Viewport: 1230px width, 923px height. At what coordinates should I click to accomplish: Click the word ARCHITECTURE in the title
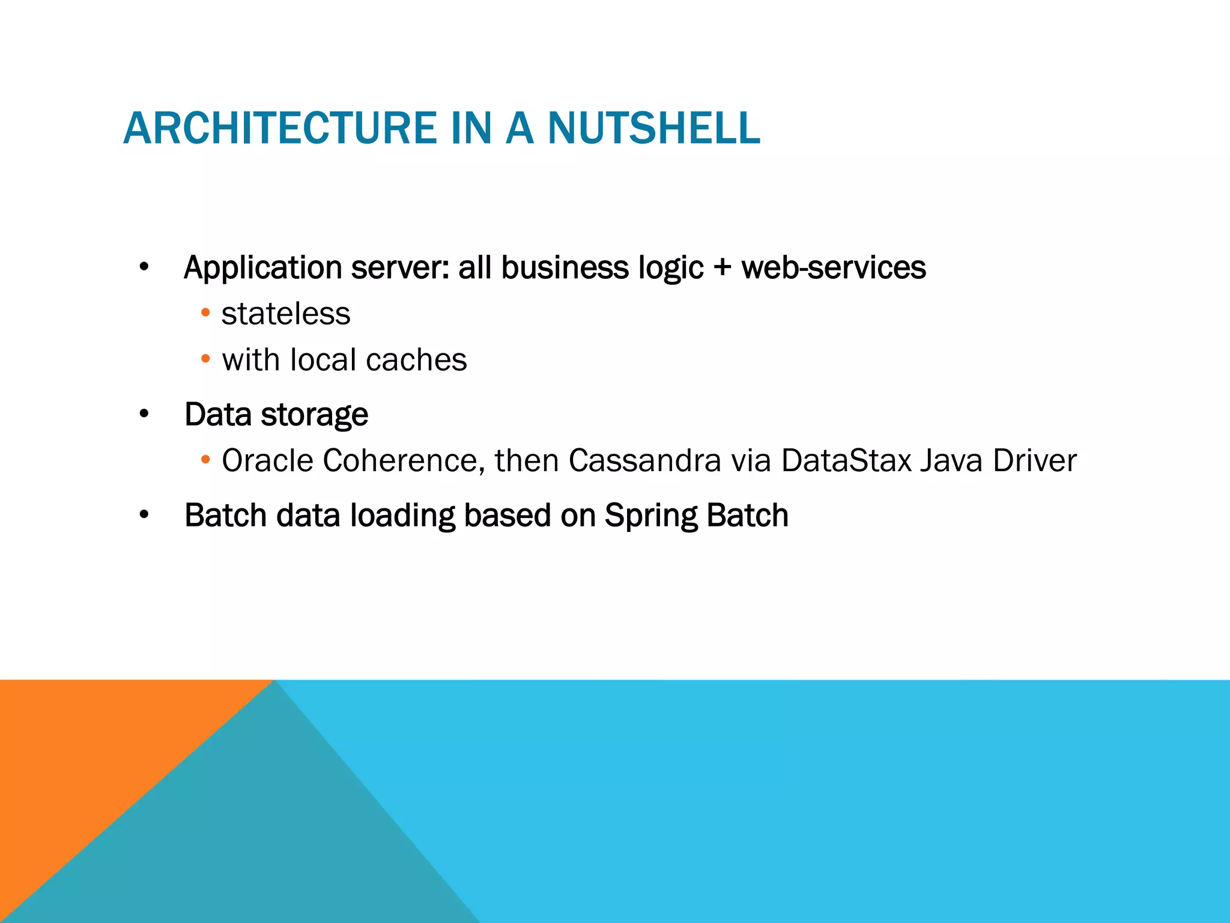(x=280, y=129)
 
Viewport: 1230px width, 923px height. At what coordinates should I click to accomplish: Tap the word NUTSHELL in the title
(x=653, y=129)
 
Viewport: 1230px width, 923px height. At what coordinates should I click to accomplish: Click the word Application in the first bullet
(x=263, y=267)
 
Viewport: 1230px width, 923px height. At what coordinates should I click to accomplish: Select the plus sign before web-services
(x=723, y=269)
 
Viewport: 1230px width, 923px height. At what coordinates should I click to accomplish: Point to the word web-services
(x=834, y=267)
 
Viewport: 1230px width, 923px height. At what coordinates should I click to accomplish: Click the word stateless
(x=286, y=314)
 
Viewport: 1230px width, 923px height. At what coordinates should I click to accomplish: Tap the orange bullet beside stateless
(x=205, y=313)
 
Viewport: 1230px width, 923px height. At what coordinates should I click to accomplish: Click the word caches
(x=416, y=360)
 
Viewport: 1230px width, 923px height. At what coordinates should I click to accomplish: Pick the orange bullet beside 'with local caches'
(x=205, y=359)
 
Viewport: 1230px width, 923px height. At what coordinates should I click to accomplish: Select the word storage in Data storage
(x=314, y=415)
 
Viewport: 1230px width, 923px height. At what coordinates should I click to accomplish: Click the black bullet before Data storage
(x=144, y=414)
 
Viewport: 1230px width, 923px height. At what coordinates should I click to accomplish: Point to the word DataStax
(x=846, y=461)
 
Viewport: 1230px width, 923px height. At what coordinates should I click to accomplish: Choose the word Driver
(x=1035, y=461)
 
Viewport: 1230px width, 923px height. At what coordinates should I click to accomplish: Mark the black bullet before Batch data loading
(x=144, y=515)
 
